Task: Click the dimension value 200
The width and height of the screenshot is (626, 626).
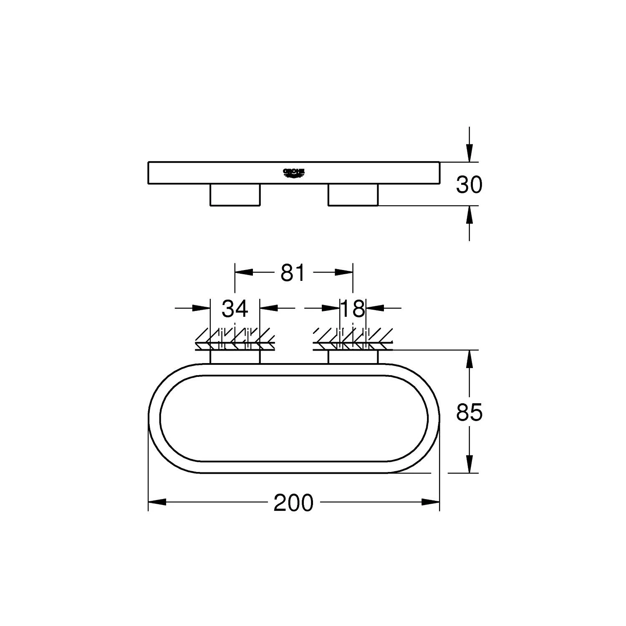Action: click(x=293, y=503)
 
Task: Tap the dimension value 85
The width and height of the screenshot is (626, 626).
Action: click(x=469, y=413)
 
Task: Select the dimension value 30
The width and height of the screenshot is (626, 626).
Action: click(x=469, y=185)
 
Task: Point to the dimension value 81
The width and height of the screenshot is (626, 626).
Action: click(x=293, y=273)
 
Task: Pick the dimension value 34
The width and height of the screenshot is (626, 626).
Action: click(x=235, y=309)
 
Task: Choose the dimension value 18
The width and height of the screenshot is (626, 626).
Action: click(x=353, y=309)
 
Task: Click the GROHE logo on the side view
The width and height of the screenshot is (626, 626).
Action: click(x=294, y=172)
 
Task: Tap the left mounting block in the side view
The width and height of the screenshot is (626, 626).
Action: click(x=235, y=194)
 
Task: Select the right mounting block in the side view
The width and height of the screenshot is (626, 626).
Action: click(x=353, y=194)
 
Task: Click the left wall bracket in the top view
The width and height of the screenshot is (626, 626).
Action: click(x=235, y=357)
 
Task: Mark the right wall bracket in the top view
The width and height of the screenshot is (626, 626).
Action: click(x=353, y=357)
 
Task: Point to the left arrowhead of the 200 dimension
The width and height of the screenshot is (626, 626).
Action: click(x=157, y=502)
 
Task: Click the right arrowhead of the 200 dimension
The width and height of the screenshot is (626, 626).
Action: click(x=431, y=502)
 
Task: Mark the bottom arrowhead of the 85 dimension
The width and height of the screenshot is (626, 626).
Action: click(x=469, y=464)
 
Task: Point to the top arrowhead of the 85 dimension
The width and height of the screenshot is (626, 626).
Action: click(x=469, y=359)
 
